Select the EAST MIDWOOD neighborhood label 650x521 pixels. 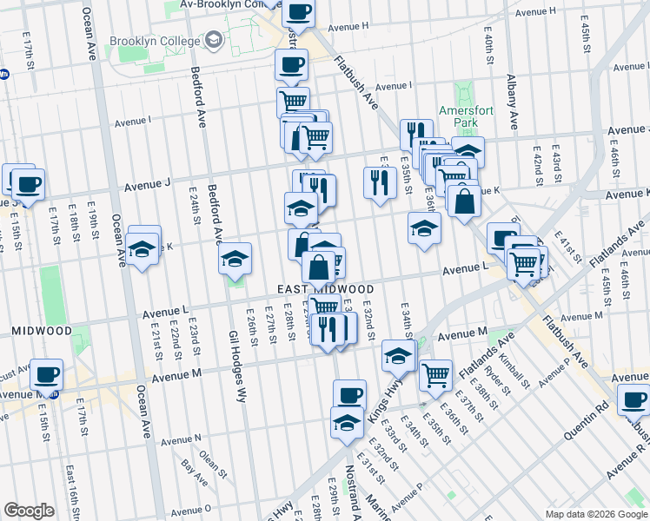pyautogui.click(x=326, y=289)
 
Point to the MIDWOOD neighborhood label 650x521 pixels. pyautogui.click(x=41, y=331)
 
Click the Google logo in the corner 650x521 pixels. pyautogui.click(x=29, y=511)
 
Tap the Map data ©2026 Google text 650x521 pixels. pyautogui.click(x=595, y=514)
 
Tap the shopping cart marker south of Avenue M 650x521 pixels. pyautogui.click(x=435, y=374)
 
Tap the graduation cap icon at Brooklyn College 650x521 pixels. pyautogui.click(x=214, y=40)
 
